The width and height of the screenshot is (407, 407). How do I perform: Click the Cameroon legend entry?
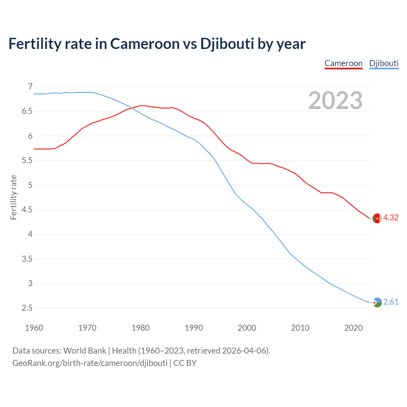click(x=343, y=63)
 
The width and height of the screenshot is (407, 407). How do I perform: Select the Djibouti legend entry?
click(x=384, y=63)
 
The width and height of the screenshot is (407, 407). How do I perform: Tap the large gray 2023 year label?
click(x=335, y=100)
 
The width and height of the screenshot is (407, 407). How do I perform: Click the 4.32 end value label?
click(x=391, y=218)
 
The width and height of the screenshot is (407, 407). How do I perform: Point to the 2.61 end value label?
click(x=391, y=302)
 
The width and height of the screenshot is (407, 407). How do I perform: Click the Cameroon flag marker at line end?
click(x=377, y=218)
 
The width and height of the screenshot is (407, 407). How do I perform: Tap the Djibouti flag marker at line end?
click(x=377, y=302)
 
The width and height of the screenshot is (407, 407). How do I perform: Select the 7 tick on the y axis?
click(x=30, y=86)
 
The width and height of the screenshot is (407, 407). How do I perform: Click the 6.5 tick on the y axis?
click(x=27, y=111)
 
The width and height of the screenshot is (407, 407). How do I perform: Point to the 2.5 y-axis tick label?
click(x=27, y=308)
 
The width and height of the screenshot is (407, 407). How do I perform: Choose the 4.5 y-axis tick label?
click(x=27, y=210)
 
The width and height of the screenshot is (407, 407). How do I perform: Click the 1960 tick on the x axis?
click(x=34, y=328)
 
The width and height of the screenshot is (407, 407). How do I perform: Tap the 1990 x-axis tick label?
click(x=194, y=328)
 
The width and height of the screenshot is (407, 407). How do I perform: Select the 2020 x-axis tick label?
click(x=353, y=328)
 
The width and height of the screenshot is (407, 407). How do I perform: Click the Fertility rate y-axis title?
click(x=13, y=197)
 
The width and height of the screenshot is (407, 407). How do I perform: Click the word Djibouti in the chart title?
click(x=227, y=44)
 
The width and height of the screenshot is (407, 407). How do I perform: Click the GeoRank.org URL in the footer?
click(x=90, y=363)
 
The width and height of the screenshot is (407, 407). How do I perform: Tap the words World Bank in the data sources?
click(x=85, y=351)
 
